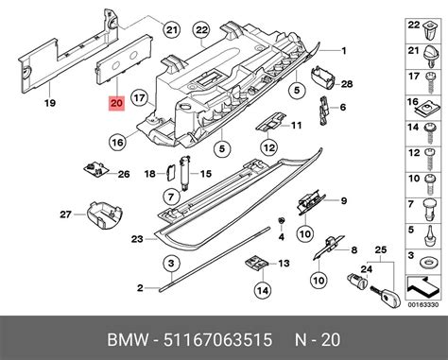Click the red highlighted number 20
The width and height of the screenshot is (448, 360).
116,103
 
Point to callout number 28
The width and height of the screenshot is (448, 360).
346,84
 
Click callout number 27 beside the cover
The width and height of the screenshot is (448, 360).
65,214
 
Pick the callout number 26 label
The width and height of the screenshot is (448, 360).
123,174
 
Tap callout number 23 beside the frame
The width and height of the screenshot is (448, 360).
136,240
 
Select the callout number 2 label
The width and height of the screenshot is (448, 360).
138,286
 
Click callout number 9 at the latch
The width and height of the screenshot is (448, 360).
344,200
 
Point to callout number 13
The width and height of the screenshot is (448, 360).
283,264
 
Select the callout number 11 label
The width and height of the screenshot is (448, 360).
296,125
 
